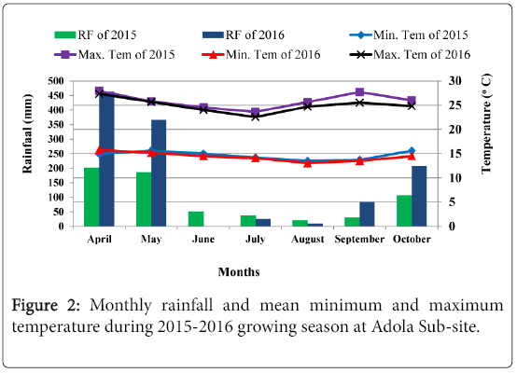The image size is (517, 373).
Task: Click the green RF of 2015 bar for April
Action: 91,197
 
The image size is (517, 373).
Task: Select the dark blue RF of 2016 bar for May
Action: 159,173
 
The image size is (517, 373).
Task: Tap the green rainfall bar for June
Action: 196,219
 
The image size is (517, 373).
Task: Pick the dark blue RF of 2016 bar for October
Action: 419,196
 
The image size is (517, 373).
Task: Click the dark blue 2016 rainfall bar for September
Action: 367,214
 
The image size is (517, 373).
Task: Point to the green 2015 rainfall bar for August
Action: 300,223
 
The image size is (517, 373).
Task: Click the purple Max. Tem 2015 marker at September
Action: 359,92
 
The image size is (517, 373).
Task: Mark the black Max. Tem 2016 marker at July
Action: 255,117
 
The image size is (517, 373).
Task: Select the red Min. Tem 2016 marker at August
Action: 308,163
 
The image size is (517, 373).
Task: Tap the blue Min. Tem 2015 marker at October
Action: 412,150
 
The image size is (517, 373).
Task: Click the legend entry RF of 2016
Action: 244,35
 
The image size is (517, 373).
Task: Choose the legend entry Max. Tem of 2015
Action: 115,54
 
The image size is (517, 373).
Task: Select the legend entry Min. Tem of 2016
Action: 261,54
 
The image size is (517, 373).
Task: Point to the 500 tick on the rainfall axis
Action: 56,81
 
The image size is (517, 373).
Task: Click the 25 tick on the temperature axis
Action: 455,105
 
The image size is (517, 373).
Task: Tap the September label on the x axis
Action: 359,239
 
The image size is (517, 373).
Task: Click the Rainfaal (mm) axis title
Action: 28,133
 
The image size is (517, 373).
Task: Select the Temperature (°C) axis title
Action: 486,124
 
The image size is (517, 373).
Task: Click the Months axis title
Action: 239,272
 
